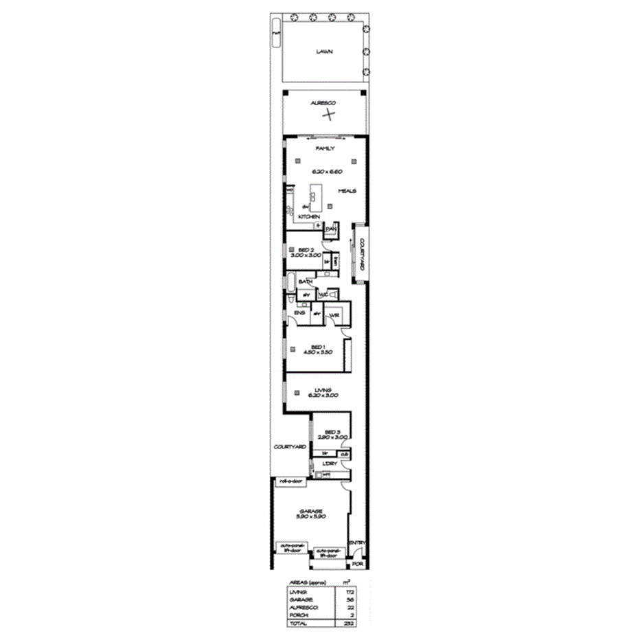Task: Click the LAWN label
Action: (324, 52)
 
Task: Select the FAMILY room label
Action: (324, 148)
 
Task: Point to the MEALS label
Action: (346, 192)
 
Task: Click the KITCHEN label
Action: (308, 216)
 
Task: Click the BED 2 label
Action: (306, 249)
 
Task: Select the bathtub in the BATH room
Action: (291, 281)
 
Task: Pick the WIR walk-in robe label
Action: (335, 315)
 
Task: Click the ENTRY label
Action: (356, 542)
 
